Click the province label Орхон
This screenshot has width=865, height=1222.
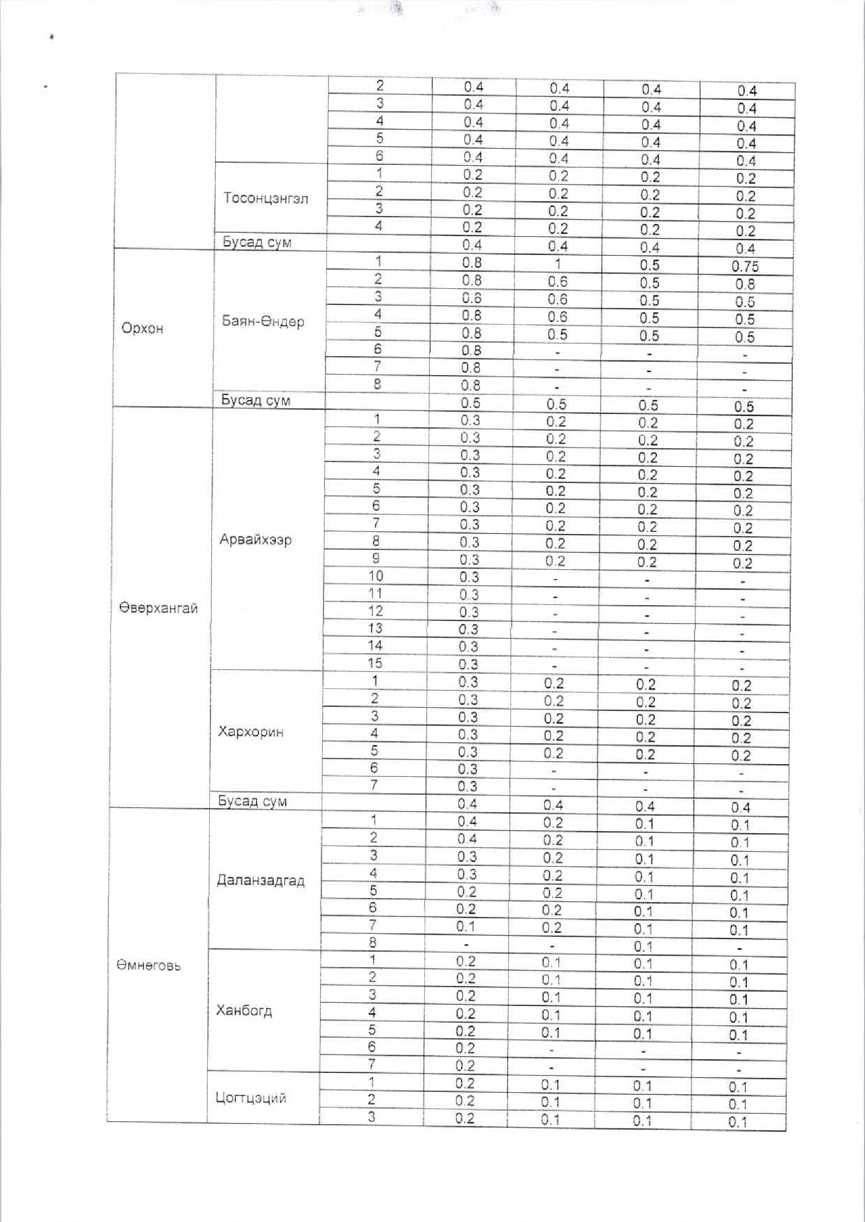pyautogui.click(x=142, y=328)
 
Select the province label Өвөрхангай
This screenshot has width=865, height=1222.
pyautogui.click(x=158, y=608)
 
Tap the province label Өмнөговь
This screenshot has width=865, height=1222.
pyautogui.click(x=149, y=965)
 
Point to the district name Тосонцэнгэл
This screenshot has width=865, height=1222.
pyautogui.click(x=266, y=199)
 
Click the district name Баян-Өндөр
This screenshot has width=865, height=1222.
pyautogui.click(x=263, y=322)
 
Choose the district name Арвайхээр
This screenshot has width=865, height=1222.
pyautogui.click(x=255, y=540)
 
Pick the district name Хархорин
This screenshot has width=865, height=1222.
pyautogui.click(x=250, y=732)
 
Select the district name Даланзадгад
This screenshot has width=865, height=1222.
pyautogui.click(x=261, y=880)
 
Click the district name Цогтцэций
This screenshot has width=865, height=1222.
pyautogui.click(x=250, y=1097)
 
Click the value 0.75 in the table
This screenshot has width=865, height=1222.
pyautogui.click(x=745, y=267)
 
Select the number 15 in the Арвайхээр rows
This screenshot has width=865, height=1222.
pyautogui.click(x=375, y=663)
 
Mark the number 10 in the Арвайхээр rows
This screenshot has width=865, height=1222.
pyautogui.click(x=376, y=576)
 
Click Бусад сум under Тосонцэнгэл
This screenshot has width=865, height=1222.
pyautogui.click(x=257, y=242)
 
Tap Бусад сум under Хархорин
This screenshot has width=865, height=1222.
pyautogui.click(x=252, y=801)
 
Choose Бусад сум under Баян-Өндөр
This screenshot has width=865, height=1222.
pyautogui.click(x=256, y=400)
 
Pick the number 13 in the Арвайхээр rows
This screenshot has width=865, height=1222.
pyautogui.click(x=375, y=628)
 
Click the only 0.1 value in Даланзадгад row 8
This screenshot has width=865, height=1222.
pyautogui.click(x=644, y=947)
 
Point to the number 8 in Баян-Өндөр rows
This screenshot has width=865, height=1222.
pyautogui.click(x=377, y=384)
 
